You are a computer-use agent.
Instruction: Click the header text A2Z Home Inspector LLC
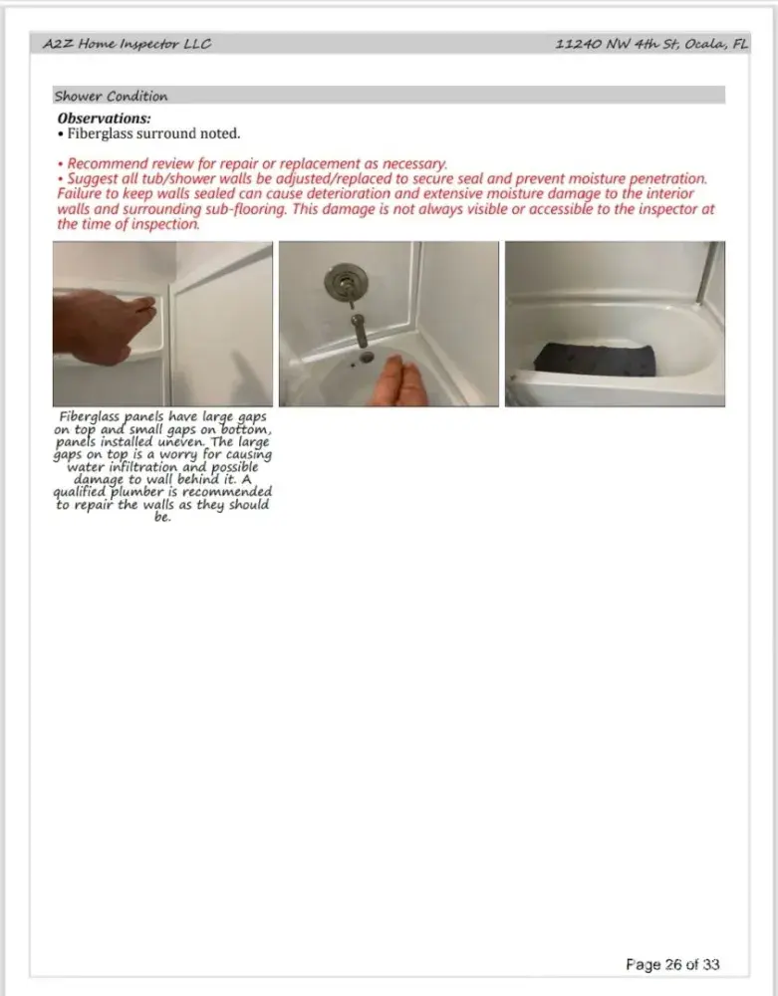[x=128, y=45]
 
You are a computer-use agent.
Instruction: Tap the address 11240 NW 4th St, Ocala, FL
[x=652, y=45]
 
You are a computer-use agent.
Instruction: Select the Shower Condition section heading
[x=111, y=97]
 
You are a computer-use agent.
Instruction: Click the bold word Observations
[x=104, y=119]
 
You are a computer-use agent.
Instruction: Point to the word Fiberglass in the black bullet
[x=102, y=132]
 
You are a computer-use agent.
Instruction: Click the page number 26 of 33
[x=672, y=964]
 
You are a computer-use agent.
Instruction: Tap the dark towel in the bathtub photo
[x=595, y=357]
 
